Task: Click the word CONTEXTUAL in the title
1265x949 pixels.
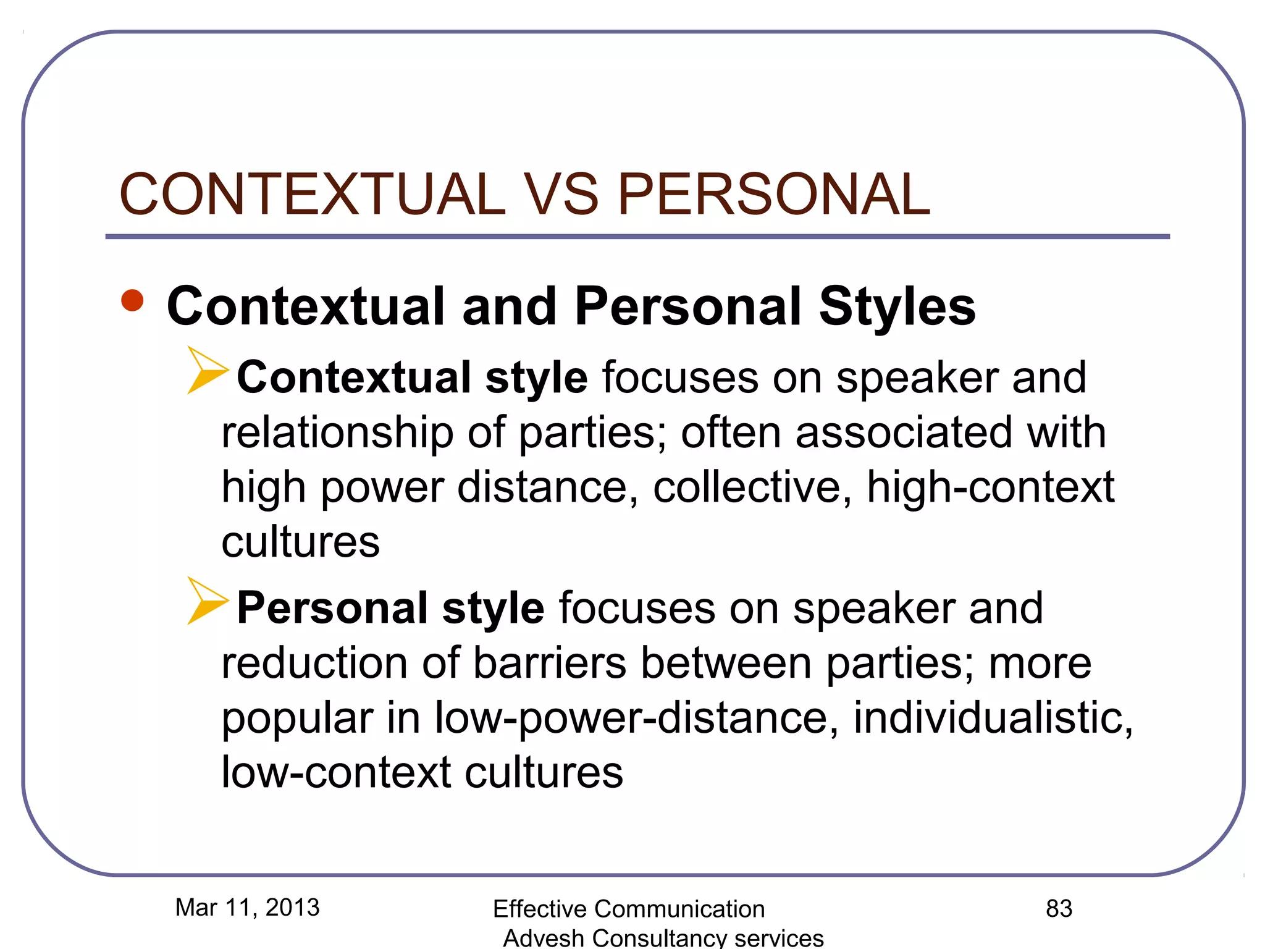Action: click(x=313, y=194)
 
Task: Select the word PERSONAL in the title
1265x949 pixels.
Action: click(x=773, y=194)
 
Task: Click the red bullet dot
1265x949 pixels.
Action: click(x=133, y=301)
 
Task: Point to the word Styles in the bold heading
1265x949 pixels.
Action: click(x=897, y=307)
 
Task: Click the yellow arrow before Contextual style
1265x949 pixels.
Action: click(x=207, y=371)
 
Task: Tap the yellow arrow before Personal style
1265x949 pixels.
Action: click(x=207, y=601)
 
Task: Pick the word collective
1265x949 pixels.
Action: click(x=747, y=487)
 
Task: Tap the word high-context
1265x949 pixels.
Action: click(x=990, y=487)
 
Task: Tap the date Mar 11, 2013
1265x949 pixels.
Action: click(x=247, y=908)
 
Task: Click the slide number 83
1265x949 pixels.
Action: click(x=1059, y=909)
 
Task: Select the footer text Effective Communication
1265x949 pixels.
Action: click(x=629, y=909)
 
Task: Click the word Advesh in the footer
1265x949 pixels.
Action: click(x=544, y=938)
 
